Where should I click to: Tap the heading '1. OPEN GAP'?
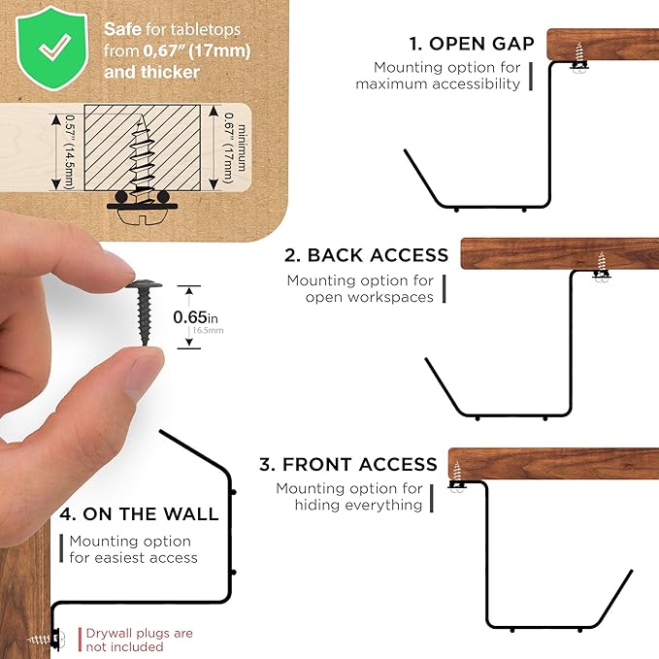tap(472, 44)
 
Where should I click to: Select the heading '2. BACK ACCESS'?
tap(367, 255)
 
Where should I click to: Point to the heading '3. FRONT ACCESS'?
tap(348, 465)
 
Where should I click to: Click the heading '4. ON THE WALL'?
tap(139, 514)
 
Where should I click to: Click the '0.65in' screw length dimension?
tap(195, 317)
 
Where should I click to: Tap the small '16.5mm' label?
tap(208, 330)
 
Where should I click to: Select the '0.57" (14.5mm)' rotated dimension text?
tap(69, 152)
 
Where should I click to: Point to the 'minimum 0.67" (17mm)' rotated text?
tap(235, 148)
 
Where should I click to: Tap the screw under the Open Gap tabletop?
tap(580, 58)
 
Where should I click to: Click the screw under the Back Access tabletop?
tap(602, 267)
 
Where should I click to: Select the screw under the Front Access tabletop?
tap(456, 478)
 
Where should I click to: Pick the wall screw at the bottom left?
tap(47, 640)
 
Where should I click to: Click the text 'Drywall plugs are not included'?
tap(139, 640)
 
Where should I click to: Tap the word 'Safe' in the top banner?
tap(122, 29)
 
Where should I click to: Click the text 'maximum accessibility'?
tap(438, 83)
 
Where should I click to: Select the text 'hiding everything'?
tap(358, 505)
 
